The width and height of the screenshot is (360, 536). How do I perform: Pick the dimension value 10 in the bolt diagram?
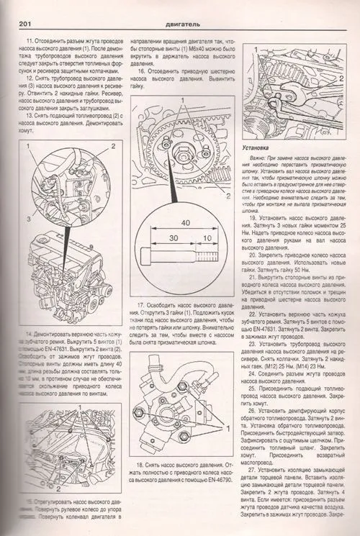pyautogui.click(x=207, y=239)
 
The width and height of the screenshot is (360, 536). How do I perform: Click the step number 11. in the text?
pyautogui.click(x=28, y=42)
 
